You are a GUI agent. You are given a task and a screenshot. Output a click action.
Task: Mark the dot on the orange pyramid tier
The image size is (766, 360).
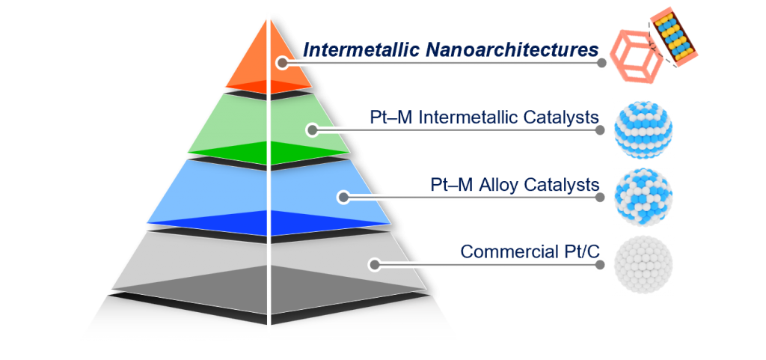281,64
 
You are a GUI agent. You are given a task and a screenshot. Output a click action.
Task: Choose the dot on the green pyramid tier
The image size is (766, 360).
313,130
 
